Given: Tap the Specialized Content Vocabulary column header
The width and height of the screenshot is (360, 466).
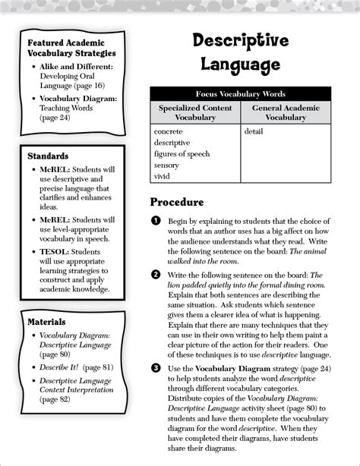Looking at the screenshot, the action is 195,113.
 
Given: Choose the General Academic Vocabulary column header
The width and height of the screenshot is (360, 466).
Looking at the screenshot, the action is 285,113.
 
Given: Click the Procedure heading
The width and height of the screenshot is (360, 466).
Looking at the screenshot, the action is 176,203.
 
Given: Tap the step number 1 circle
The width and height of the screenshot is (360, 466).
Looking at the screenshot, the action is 155,220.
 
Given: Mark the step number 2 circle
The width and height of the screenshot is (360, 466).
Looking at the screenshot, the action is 155,274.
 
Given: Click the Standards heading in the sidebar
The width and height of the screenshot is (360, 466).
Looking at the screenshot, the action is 48,156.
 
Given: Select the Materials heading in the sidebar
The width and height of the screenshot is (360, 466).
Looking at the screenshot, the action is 46,322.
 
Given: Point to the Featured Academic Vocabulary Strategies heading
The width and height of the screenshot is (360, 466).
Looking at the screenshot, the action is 71,47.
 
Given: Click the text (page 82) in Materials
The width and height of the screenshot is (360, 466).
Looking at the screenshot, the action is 55,399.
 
